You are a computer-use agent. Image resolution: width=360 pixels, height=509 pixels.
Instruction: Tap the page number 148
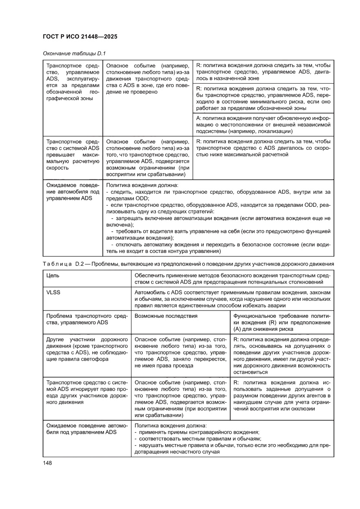tap(47, 463)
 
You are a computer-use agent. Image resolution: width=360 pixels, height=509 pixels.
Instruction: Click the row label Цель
tap(53, 276)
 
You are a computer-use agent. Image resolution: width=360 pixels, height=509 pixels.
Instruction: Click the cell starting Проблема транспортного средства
tap(86, 319)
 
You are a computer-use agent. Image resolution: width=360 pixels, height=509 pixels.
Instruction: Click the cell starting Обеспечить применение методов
tap(232, 279)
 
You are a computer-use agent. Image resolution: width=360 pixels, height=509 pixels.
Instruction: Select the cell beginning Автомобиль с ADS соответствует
tap(232, 299)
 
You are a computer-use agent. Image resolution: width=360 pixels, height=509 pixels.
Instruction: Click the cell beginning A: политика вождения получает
tap(263, 125)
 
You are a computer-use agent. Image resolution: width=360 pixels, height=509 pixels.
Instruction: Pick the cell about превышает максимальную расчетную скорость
tap(72, 155)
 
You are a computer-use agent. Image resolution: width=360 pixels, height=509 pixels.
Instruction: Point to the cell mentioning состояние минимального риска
tap(263, 98)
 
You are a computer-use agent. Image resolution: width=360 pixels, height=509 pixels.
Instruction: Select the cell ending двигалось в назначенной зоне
tap(263, 71)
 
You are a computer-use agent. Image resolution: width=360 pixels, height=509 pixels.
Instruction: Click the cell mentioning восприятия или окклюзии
tap(281, 398)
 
